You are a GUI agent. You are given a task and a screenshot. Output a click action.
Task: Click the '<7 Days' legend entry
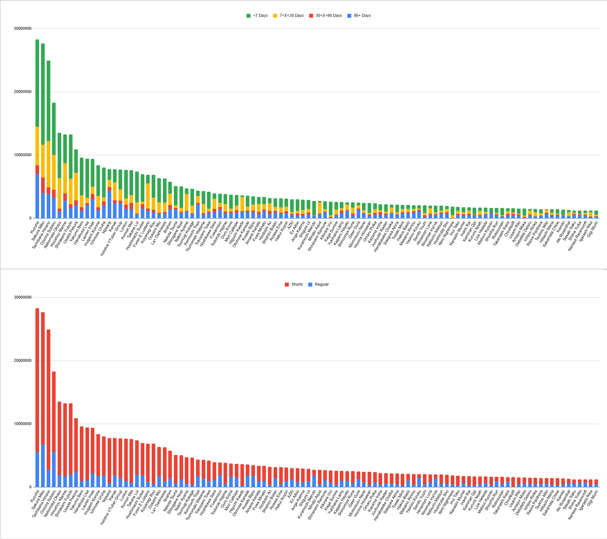point(257,16)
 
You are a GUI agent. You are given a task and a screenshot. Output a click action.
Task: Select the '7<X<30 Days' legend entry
point(288,16)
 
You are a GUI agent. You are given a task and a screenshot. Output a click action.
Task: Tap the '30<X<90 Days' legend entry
point(326,16)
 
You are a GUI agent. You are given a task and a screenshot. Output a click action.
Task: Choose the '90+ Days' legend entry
point(359,16)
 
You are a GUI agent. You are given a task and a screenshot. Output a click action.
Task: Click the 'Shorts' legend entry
point(294,284)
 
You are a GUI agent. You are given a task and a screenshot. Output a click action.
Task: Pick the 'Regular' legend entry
point(319,284)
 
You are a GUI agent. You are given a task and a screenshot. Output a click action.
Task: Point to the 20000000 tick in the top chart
point(23,92)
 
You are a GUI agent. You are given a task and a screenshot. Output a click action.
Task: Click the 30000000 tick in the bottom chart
point(23,297)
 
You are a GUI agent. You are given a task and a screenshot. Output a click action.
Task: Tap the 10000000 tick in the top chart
point(23,155)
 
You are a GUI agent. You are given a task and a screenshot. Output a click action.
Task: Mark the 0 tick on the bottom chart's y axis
point(30,487)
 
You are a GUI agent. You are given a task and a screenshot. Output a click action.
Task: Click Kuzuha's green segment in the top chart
point(37,83)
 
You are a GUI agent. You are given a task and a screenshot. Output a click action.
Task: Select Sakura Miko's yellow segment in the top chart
point(43,161)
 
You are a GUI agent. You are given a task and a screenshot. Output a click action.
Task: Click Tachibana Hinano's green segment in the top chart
point(48,101)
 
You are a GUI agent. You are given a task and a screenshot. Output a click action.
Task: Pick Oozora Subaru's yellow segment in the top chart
point(54,172)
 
